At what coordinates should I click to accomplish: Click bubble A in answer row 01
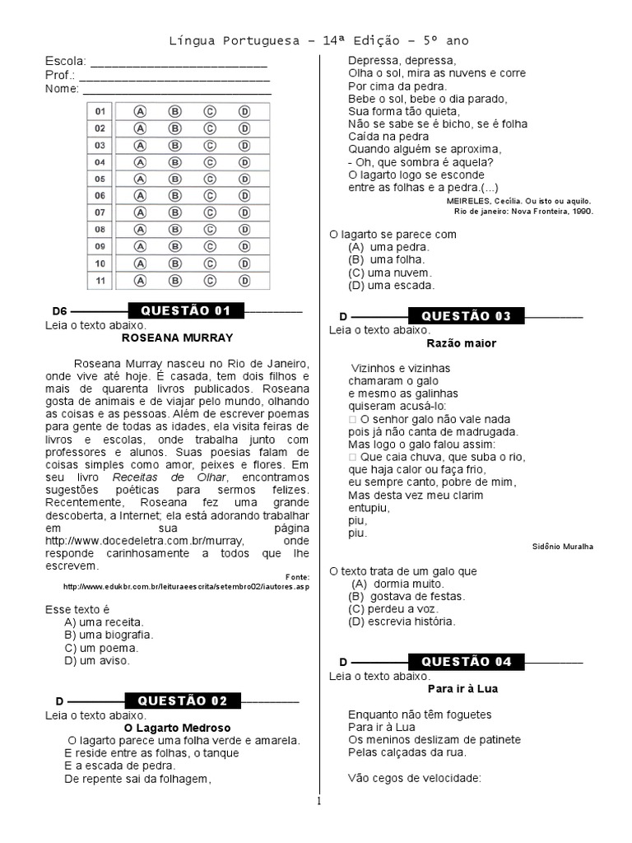click(x=140, y=111)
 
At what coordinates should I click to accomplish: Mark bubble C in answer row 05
click(x=210, y=179)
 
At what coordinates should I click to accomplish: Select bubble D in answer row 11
click(x=244, y=280)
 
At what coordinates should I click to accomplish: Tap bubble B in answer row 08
click(x=174, y=230)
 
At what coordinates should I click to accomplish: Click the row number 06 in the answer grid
click(x=100, y=196)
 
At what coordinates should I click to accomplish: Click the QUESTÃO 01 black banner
click(x=186, y=310)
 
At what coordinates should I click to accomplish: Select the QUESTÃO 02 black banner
click(x=183, y=701)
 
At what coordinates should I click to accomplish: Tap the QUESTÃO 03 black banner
click(x=467, y=316)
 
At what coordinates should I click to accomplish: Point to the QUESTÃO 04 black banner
click(x=467, y=661)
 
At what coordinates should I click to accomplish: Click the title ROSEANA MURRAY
click(x=177, y=338)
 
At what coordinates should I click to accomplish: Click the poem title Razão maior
click(x=462, y=343)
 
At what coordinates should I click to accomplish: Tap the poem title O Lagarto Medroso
click(x=177, y=728)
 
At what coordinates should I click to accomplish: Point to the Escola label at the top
click(x=64, y=62)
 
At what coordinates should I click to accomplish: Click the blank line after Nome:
click(x=176, y=89)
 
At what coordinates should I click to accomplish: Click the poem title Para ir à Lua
click(x=463, y=688)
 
